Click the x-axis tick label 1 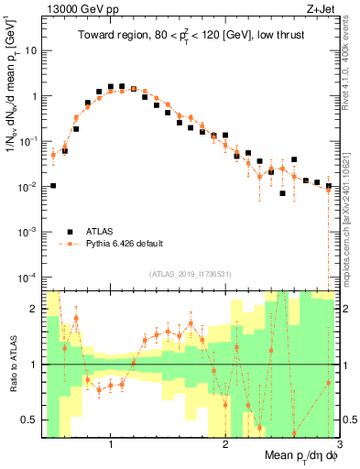tap(110, 444)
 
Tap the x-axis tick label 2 tap(225, 444)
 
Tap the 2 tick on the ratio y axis tap(35, 309)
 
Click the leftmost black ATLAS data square tap(53, 185)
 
